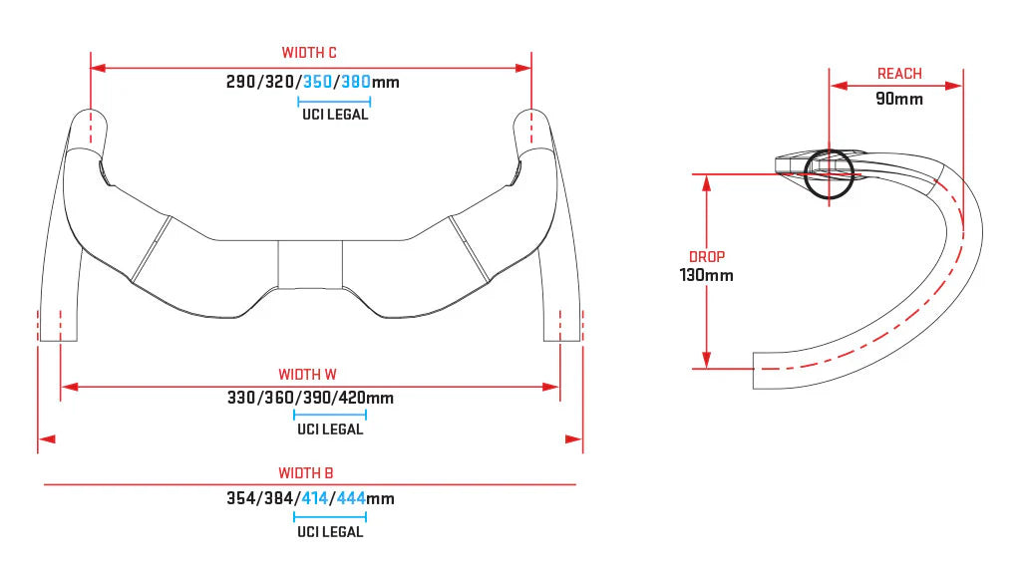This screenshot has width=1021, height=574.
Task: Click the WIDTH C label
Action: (309, 53)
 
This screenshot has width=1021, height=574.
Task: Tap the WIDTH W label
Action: (307, 375)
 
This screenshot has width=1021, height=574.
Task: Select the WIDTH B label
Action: (305, 473)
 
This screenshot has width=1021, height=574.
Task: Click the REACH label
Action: (899, 74)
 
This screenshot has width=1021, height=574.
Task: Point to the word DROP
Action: (707, 257)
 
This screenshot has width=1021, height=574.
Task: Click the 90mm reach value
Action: (898, 99)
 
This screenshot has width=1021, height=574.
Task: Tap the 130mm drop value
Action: (707, 275)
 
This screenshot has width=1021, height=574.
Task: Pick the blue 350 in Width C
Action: (318, 82)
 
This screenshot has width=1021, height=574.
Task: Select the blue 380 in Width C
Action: (356, 82)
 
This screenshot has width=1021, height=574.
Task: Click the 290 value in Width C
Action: (241, 82)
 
